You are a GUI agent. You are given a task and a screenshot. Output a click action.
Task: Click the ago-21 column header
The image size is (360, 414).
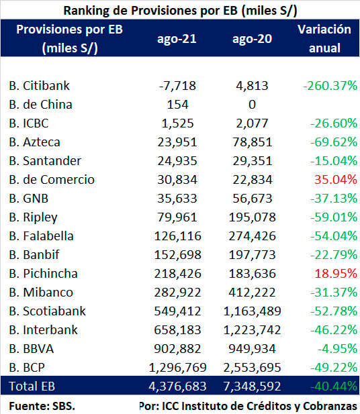click(x=177, y=39)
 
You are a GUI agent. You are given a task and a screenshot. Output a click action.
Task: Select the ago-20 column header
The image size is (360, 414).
click(x=252, y=39)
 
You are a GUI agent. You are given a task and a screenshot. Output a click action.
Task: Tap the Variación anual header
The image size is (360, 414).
click(x=324, y=38)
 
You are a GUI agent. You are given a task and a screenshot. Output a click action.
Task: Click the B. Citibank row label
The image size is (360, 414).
click(x=39, y=86)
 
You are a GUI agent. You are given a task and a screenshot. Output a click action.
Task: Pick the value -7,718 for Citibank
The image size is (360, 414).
click(x=177, y=86)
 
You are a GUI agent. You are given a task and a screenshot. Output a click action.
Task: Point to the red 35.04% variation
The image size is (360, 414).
click(x=336, y=180)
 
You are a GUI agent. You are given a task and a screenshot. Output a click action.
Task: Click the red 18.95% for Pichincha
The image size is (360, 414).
click(x=336, y=274)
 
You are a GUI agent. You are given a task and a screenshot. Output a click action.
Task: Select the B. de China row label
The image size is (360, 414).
click(x=40, y=105)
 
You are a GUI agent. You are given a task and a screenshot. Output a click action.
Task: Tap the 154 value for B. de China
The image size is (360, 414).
click(x=177, y=105)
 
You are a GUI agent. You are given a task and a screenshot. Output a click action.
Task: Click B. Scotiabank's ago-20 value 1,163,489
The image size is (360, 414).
click(x=252, y=311)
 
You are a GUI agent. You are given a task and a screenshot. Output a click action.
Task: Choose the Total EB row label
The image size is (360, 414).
click(x=32, y=386)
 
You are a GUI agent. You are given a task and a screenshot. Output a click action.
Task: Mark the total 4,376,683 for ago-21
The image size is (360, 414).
click(x=177, y=386)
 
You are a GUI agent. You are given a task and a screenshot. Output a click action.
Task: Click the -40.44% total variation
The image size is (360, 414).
click(x=334, y=386)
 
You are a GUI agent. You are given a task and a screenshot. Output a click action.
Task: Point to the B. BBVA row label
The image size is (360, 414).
click(x=31, y=349)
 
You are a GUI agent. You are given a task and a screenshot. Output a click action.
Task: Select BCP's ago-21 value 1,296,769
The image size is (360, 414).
click(x=177, y=368)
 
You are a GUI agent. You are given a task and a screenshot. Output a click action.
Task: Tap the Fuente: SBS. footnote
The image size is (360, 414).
click(x=42, y=406)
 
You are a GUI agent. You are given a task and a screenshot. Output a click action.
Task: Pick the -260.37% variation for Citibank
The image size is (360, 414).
click(x=330, y=86)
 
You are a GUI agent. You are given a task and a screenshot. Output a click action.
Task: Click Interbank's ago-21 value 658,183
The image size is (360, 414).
click(x=177, y=330)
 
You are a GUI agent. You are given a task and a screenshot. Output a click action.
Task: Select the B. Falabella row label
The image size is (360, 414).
click(x=41, y=236)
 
